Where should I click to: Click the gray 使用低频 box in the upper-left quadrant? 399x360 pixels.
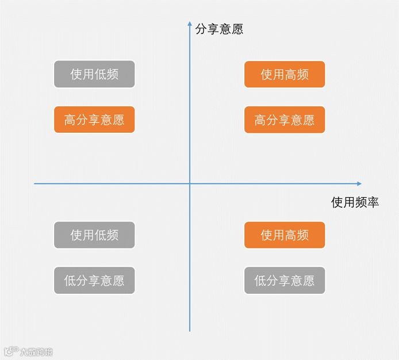(94, 74)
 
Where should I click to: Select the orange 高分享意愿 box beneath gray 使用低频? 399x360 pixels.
(94, 120)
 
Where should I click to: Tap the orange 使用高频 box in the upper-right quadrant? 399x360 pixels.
(285, 74)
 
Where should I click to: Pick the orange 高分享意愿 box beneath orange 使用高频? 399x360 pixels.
(285, 120)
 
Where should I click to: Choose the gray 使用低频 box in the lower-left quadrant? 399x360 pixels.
(94, 235)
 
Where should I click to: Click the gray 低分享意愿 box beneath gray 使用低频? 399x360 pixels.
(94, 281)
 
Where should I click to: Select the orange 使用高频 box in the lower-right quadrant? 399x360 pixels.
(285, 235)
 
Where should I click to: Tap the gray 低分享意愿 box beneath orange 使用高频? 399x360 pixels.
(285, 281)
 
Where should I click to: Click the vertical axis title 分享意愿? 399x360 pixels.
(219, 29)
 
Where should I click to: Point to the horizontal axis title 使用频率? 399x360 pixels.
(355, 202)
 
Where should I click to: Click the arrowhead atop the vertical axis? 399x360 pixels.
(190, 24)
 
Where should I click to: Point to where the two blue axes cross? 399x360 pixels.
(190, 183)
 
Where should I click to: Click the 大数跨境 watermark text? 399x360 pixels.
(36, 352)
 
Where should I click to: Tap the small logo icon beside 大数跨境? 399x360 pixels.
(11, 351)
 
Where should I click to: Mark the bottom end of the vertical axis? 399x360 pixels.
(190, 331)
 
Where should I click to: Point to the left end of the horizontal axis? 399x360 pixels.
(35, 183)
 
